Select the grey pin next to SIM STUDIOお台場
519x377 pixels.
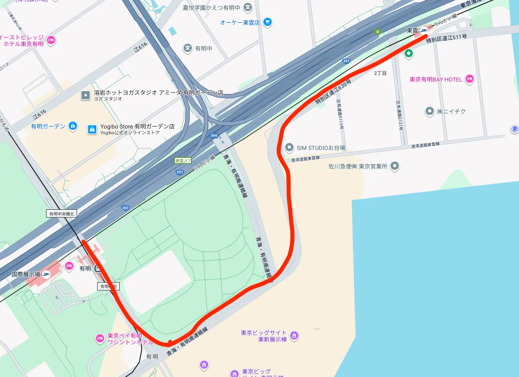pos(289,148)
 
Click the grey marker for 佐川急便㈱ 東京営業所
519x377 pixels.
pos(395,166)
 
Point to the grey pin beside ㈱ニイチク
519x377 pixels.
pos(430,111)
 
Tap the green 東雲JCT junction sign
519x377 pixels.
pos(183,161)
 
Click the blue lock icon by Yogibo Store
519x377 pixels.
pos(92,129)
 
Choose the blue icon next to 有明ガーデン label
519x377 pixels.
pos(73,126)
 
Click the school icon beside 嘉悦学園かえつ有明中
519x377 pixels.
pos(247,7)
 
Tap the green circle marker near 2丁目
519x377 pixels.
pos(408,53)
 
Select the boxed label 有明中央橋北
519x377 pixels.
pos(61,213)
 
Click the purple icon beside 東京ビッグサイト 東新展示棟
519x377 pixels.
pos(294,336)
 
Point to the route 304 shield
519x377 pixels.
pos(214,136)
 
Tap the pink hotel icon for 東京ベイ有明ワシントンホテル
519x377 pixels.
pos(100,338)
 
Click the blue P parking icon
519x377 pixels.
pos(514,129)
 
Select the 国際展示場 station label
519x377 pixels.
pos(26,274)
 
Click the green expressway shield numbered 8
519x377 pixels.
pos(377,32)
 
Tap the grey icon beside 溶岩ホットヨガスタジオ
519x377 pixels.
pos(86,96)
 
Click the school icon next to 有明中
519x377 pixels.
pos(188,48)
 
